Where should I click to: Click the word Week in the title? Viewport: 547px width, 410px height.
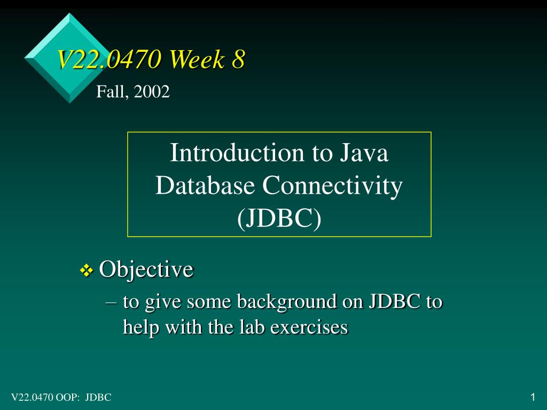click(x=197, y=59)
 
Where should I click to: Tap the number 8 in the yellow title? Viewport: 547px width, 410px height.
click(x=238, y=59)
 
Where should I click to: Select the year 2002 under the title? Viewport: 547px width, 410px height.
click(x=151, y=91)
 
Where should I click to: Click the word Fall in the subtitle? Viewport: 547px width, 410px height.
click(x=112, y=91)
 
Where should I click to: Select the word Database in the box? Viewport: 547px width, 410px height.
click(x=205, y=185)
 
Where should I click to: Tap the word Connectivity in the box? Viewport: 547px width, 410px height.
click(x=332, y=186)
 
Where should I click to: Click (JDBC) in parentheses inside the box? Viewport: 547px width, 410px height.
click(x=279, y=218)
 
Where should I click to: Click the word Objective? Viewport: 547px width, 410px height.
click(x=146, y=269)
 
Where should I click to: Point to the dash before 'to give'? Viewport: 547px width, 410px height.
click(x=111, y=303)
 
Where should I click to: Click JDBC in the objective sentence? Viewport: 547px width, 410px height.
click(x=394, y=301)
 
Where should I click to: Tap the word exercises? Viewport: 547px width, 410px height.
click(x=309, y=327)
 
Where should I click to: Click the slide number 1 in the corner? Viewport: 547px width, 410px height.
click(x=533, y=397)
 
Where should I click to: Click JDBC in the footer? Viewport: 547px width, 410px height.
click(x=98, y=397)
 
